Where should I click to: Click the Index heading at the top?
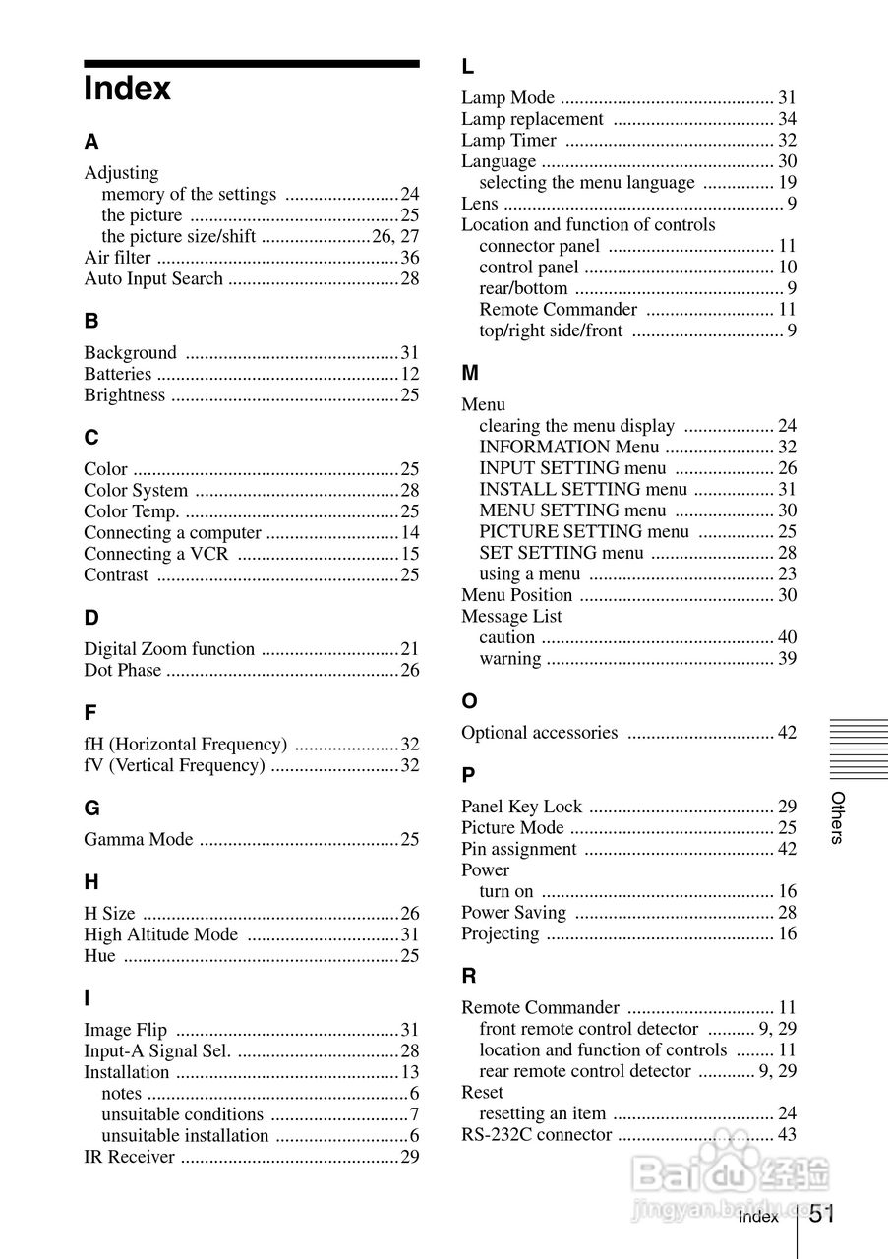[128, 89]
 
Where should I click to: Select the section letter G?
[91, 809]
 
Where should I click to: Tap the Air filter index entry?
[118, 258]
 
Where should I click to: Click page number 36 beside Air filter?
[409, 258]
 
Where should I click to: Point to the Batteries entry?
[118, 374]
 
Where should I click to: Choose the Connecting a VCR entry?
[155, 554]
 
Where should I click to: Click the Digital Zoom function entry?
[169, 649]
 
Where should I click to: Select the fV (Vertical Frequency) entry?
[174, 765]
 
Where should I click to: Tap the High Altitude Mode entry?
[160, 934]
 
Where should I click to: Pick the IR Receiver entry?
[129, 1157]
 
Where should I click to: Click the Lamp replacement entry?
[532, 119]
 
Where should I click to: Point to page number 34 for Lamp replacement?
[787, 119]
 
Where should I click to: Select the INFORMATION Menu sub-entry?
[569, 447]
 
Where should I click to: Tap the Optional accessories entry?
[540, 733]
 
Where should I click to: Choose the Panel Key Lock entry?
[521, 807]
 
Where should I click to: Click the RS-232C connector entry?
[537, 1135]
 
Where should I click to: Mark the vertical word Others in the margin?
[837, 817]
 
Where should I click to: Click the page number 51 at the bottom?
[823, 1214]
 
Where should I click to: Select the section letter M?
[470, 373]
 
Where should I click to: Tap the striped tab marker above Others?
[858, 749]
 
